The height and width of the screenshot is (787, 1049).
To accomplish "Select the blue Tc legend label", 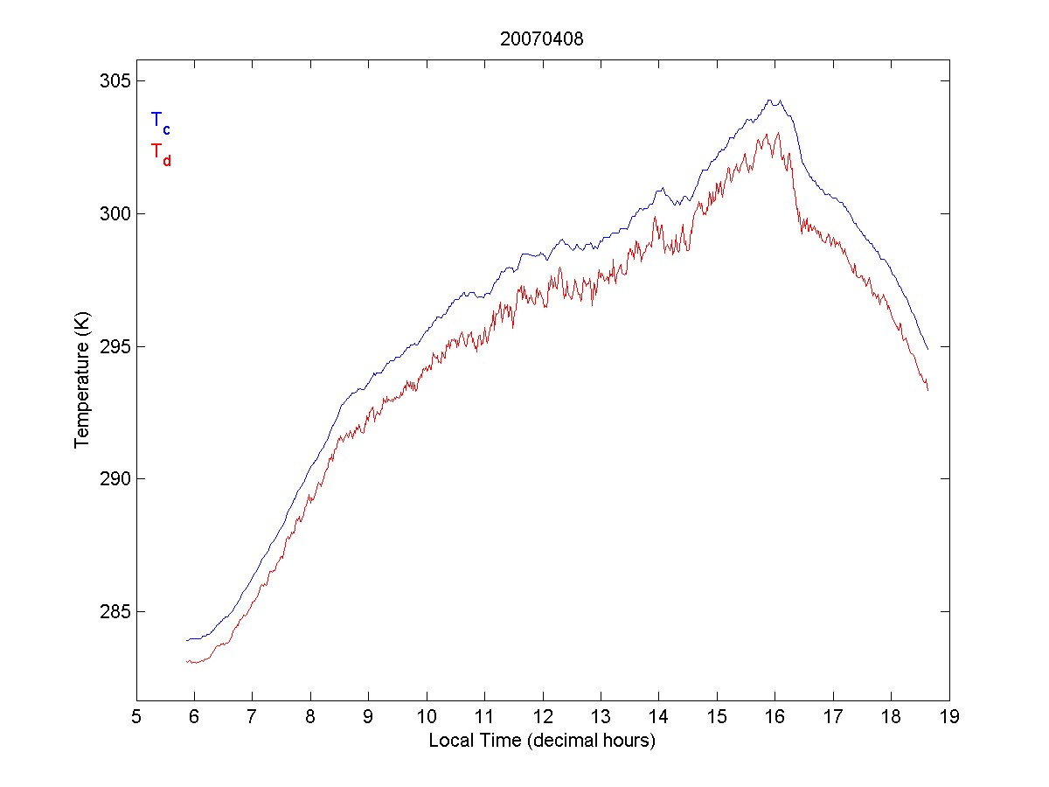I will (160, 122).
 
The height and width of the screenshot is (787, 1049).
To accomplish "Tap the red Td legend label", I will (160, 153).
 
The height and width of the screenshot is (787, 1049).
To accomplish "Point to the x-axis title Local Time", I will (541, 741).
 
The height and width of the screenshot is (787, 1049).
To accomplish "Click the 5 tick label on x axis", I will (136, 718).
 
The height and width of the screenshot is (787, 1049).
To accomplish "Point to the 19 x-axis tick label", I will (949, 718).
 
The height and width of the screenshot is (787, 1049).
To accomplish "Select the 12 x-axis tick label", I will (543, 718).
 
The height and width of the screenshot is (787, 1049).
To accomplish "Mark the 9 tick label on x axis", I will (369, 718).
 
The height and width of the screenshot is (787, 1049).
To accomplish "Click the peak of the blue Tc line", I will (769, 101).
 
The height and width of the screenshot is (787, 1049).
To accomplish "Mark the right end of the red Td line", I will (927, 390).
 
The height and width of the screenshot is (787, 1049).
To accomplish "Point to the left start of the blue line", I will (186, 640).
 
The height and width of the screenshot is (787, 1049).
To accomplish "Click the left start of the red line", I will (186, 661).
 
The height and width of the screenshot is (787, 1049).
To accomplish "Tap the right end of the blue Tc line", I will (927, 349).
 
